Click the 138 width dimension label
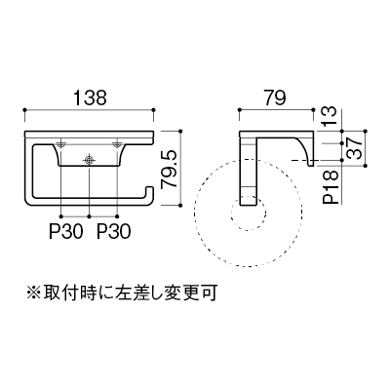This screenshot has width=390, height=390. [x=90, y=97]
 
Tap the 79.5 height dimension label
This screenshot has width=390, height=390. [x=170, y=169]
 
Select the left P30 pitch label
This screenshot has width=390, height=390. [x=66, y=232]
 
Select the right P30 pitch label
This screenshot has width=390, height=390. [x=114, y=232]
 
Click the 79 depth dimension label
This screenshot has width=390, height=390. [x=275, y=97]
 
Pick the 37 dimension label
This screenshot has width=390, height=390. [x=354, y=148]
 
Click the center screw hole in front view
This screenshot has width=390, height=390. [x=89, y=159]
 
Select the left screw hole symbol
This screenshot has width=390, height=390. [x=61, y=144]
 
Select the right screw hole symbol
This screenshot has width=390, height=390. [x=117, y=144]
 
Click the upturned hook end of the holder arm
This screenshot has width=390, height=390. [x=150, y=192]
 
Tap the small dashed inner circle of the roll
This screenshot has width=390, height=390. [x=249, y=214]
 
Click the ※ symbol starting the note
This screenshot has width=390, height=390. [x=33, y=292]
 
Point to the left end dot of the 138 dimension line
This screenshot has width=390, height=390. [x=24, y=110]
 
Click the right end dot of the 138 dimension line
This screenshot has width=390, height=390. [x=153, y=110]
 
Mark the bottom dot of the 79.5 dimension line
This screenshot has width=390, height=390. [x=180, y=205]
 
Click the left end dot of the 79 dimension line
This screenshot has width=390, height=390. [x=240, y=110]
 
